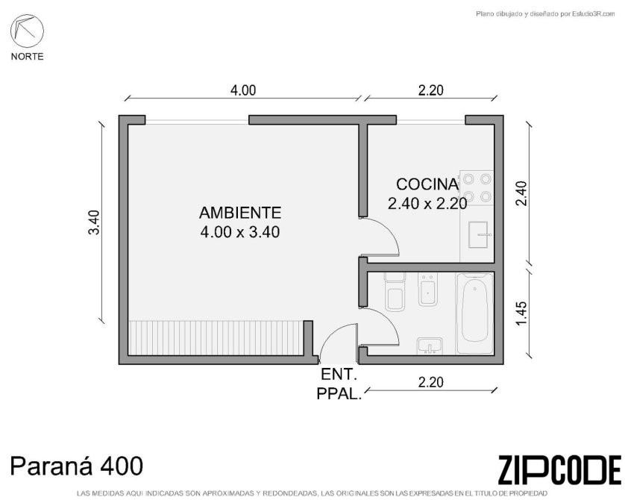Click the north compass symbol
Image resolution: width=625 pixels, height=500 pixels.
coord(27,31)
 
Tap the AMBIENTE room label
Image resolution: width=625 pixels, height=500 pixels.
coord(240,213)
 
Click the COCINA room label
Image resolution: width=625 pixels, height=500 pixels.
coord(427,184)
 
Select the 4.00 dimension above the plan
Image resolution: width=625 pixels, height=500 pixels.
coord(243,90)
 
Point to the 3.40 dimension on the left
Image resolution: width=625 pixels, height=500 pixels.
coord(94,222)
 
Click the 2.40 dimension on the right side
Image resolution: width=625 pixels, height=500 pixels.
coord(521,193)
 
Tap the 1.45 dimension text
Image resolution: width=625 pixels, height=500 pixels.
coord(521,313)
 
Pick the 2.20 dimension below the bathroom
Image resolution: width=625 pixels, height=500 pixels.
coord(431,382)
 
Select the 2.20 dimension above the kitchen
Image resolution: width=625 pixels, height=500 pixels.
coord(431,90)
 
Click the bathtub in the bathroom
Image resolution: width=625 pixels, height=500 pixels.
coord(475,313)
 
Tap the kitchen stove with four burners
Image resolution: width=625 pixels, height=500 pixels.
coord(477,187)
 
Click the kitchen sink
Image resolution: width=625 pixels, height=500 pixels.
coord(479,234)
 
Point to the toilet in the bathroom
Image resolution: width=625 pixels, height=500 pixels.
coord(395,292)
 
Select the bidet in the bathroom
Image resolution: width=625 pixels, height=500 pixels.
coord(427,289)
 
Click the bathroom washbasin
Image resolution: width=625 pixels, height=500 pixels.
coord(430,346)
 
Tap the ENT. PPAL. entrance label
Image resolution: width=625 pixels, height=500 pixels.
coord(339,384)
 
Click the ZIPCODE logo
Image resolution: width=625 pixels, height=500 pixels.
coord(559,470)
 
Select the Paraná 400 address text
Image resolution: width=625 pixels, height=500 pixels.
coord(76,466)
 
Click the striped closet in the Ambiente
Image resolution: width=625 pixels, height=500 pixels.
coord(216,338)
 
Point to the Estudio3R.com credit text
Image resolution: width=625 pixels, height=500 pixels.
coord(545,14)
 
